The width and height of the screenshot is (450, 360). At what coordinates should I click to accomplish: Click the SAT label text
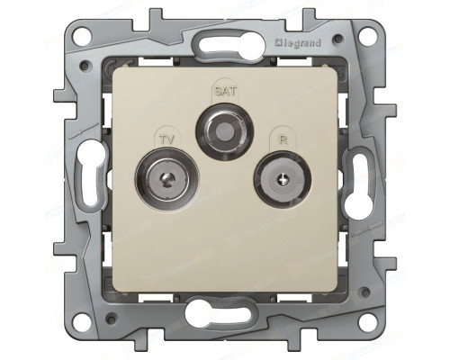point(224,91)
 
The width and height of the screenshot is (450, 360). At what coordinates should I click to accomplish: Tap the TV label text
point(166,139)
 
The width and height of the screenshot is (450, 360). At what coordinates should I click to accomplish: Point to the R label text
point(283,139)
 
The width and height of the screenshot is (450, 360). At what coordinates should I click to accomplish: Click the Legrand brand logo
point(298,43)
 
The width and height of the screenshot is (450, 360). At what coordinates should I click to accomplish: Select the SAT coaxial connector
point(225,131)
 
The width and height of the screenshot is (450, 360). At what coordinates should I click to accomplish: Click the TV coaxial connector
point(167,179)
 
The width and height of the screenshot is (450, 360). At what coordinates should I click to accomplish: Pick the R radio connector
point(283,179)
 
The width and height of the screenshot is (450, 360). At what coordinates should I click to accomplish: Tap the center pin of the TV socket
point(166,180)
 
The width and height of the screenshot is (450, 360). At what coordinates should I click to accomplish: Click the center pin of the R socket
point(283,180)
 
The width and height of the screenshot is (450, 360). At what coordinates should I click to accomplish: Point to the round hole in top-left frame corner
point(82,35)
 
